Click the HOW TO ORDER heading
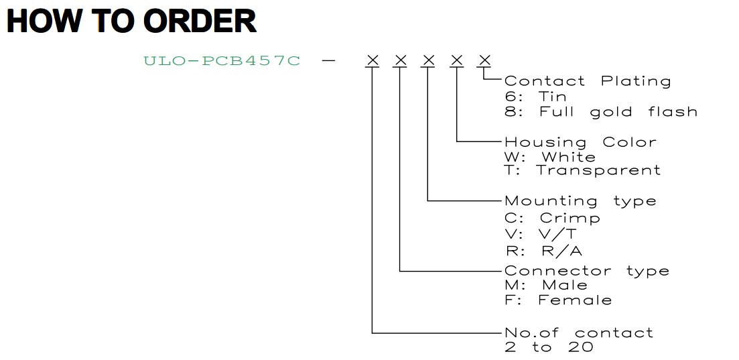[131, 21]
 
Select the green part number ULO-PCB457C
[222, 61]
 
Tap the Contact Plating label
[588, 81]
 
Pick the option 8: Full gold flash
[601, 112]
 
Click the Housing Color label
[581, 142]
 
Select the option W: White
[550, 157]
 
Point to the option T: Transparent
[583, 170]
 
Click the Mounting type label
[581, 201]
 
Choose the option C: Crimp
[552, 218]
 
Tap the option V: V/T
[541, 233]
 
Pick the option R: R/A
[543, 250]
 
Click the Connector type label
[587, 271]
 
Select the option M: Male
[546, 285]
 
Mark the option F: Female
[559, 300]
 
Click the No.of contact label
[580, 333]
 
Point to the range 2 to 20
[549, 348]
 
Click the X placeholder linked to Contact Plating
[485, 60]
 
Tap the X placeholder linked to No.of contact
[373, 60]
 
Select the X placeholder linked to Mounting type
[428, 60]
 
